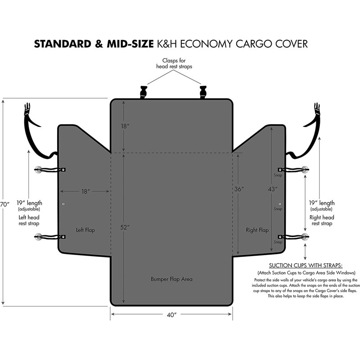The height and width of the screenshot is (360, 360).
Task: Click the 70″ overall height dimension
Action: tap(4, 204)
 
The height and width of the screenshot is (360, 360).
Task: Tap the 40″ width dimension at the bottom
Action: tap(172, 315)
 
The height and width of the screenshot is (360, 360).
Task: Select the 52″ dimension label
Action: tap(125, 227)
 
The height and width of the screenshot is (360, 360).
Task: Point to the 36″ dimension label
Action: tap(239, 189)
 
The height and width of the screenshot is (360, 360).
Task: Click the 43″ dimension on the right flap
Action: tap(273, 189)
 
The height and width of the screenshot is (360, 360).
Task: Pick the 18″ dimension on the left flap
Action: tap(85, 191)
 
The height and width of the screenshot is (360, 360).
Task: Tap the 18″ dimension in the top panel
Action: tap(125, 126)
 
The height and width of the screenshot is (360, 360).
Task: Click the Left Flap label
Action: tap(85, 230)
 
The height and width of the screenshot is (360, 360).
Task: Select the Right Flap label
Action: tap(257, 230)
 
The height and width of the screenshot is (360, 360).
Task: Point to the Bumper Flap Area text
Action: tap(171, 279)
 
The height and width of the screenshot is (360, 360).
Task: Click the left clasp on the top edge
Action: tap(143, 92)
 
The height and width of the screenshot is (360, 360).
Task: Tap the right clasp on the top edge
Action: tap(203, 92)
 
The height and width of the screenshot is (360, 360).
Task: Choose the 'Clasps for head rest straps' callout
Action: tap(174, 63)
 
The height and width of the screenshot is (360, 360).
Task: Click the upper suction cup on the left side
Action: tap(38, 170)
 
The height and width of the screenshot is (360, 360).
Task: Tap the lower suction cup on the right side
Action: tap(305, 237)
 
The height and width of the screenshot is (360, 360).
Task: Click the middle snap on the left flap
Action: tap(63, 204)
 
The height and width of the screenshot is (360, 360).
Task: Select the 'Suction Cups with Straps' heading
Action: tap(306, 265)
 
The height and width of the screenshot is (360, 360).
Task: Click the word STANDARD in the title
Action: tap(63, 44)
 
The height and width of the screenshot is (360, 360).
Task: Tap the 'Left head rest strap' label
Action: tap(29, 220)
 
